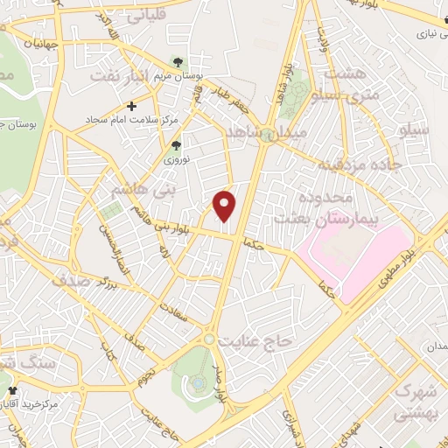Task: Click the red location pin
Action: click(x=226, y=206)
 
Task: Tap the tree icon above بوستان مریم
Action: click(x=178, y=62)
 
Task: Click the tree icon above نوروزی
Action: click(x=177, y=145)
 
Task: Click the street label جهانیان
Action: click(x=37, y=42)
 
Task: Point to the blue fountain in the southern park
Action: click(x=199, y=382)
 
